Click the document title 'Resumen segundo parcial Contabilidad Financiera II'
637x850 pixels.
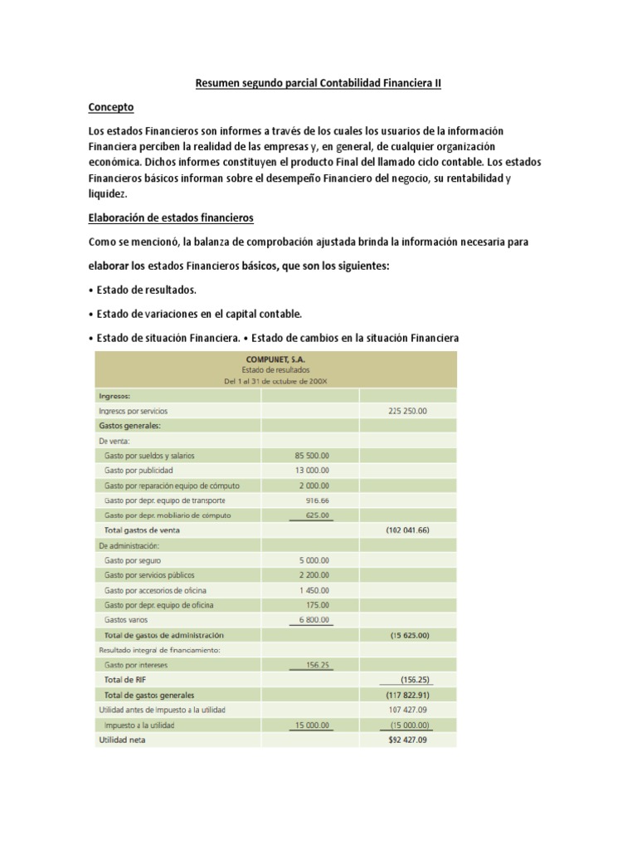[x=318, y=84]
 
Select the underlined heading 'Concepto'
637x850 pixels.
[x=110, y=108]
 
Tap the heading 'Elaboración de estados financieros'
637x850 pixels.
[x=170, y=218]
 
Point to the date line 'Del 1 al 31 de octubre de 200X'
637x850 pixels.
[x=274, y=381]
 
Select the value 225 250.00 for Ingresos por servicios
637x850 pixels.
[x=406, y=411]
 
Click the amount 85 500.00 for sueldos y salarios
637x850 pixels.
[x=311, y=456]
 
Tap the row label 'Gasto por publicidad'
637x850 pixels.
[x=139, y=471]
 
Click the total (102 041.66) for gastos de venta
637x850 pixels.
[x=407, y=530]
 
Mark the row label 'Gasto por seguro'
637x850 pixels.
[x=133, y=560]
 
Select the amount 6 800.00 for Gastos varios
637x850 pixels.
[x=313, y=620]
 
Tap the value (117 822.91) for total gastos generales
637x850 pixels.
[x=407, y=695]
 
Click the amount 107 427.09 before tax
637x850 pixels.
[x=406, y=710]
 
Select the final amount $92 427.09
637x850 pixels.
[x=406, y=740]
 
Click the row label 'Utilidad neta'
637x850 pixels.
[x=122, y=740]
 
